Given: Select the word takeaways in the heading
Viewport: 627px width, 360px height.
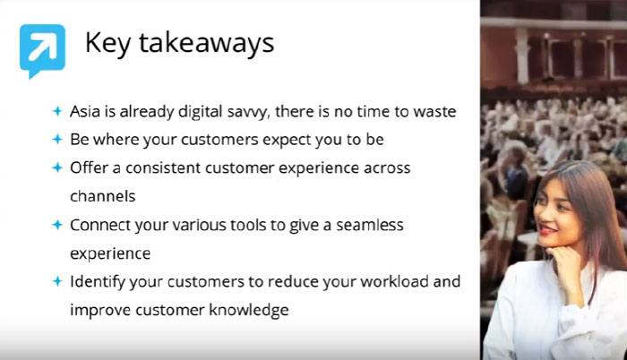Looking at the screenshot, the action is click(x=206, y=42).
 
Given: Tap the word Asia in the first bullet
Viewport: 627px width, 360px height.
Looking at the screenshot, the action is click(x=85, y=111).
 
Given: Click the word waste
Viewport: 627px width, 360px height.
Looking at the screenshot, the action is click(x=434, y=112).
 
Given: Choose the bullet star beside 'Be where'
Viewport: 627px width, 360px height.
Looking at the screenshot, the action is click(x=57, y=139).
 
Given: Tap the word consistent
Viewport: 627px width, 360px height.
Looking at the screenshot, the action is click(x=163, y=168).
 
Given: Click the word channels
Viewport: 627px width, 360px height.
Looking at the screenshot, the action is click(x=103, y=196).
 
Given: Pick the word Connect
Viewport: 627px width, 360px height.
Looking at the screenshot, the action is click(x=100, y=225).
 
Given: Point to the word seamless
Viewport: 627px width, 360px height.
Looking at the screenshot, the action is click(x=369, y=225).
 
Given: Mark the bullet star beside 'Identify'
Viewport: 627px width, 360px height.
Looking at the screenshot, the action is click(x=57, y=281).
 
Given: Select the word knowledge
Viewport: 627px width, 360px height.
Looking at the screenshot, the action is click(x=249, y=311).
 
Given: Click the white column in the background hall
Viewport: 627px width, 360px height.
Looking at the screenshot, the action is click(x=522, y=56).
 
